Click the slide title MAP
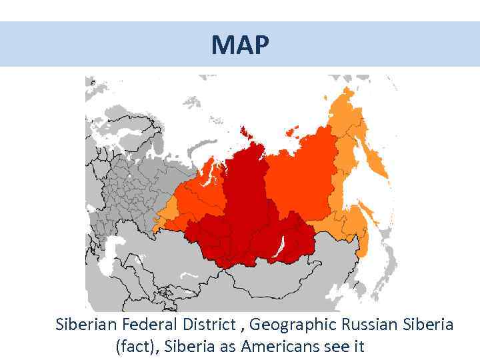(x=240, y=45)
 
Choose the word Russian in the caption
(x=371, y=325)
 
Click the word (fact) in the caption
(x=136, y=347)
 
